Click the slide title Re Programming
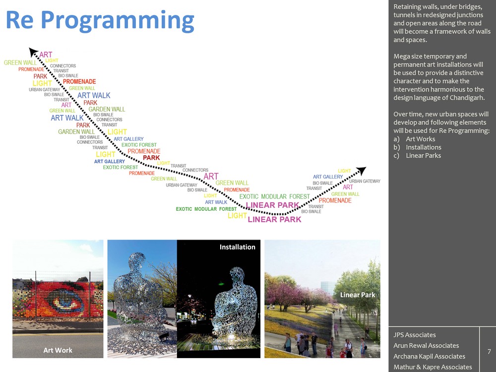point(100,21)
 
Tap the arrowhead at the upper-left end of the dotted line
point(33,52)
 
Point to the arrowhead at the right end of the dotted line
point(361,171)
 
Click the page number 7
point(489,352)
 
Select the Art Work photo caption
point(58,350)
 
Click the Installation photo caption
point(237,247)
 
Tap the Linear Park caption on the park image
point(358,295)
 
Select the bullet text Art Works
point(421,139)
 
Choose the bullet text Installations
point(424,147)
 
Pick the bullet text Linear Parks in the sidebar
point(423,155)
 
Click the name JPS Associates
point(414,335)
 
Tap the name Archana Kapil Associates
point(429,356)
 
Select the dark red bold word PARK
point(151,158)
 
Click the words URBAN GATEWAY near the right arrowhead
point(365,181)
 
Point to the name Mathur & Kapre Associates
point(433,367)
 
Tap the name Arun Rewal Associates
point(426,345)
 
